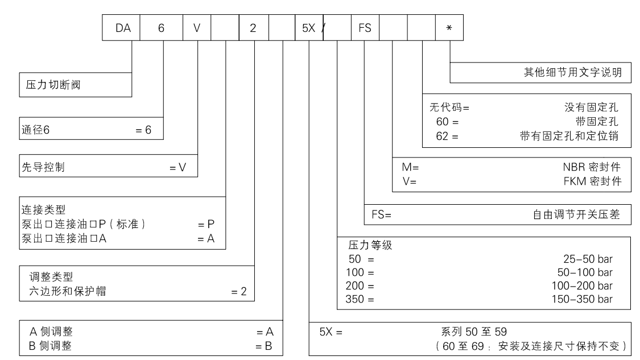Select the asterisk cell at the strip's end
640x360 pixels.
pyautogui.click(x=448, y=28)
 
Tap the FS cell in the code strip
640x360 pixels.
pyautogui.click(x=364, y=28)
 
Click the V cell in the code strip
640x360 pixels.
pyautogui.click(x=197, y=28)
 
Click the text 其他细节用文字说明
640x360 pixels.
pyautogui.click(x=572, y=72)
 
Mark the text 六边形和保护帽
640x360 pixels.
pyautogui.click(x=63, y=292)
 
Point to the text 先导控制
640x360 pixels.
pyautogui.click(x=42, y=168)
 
